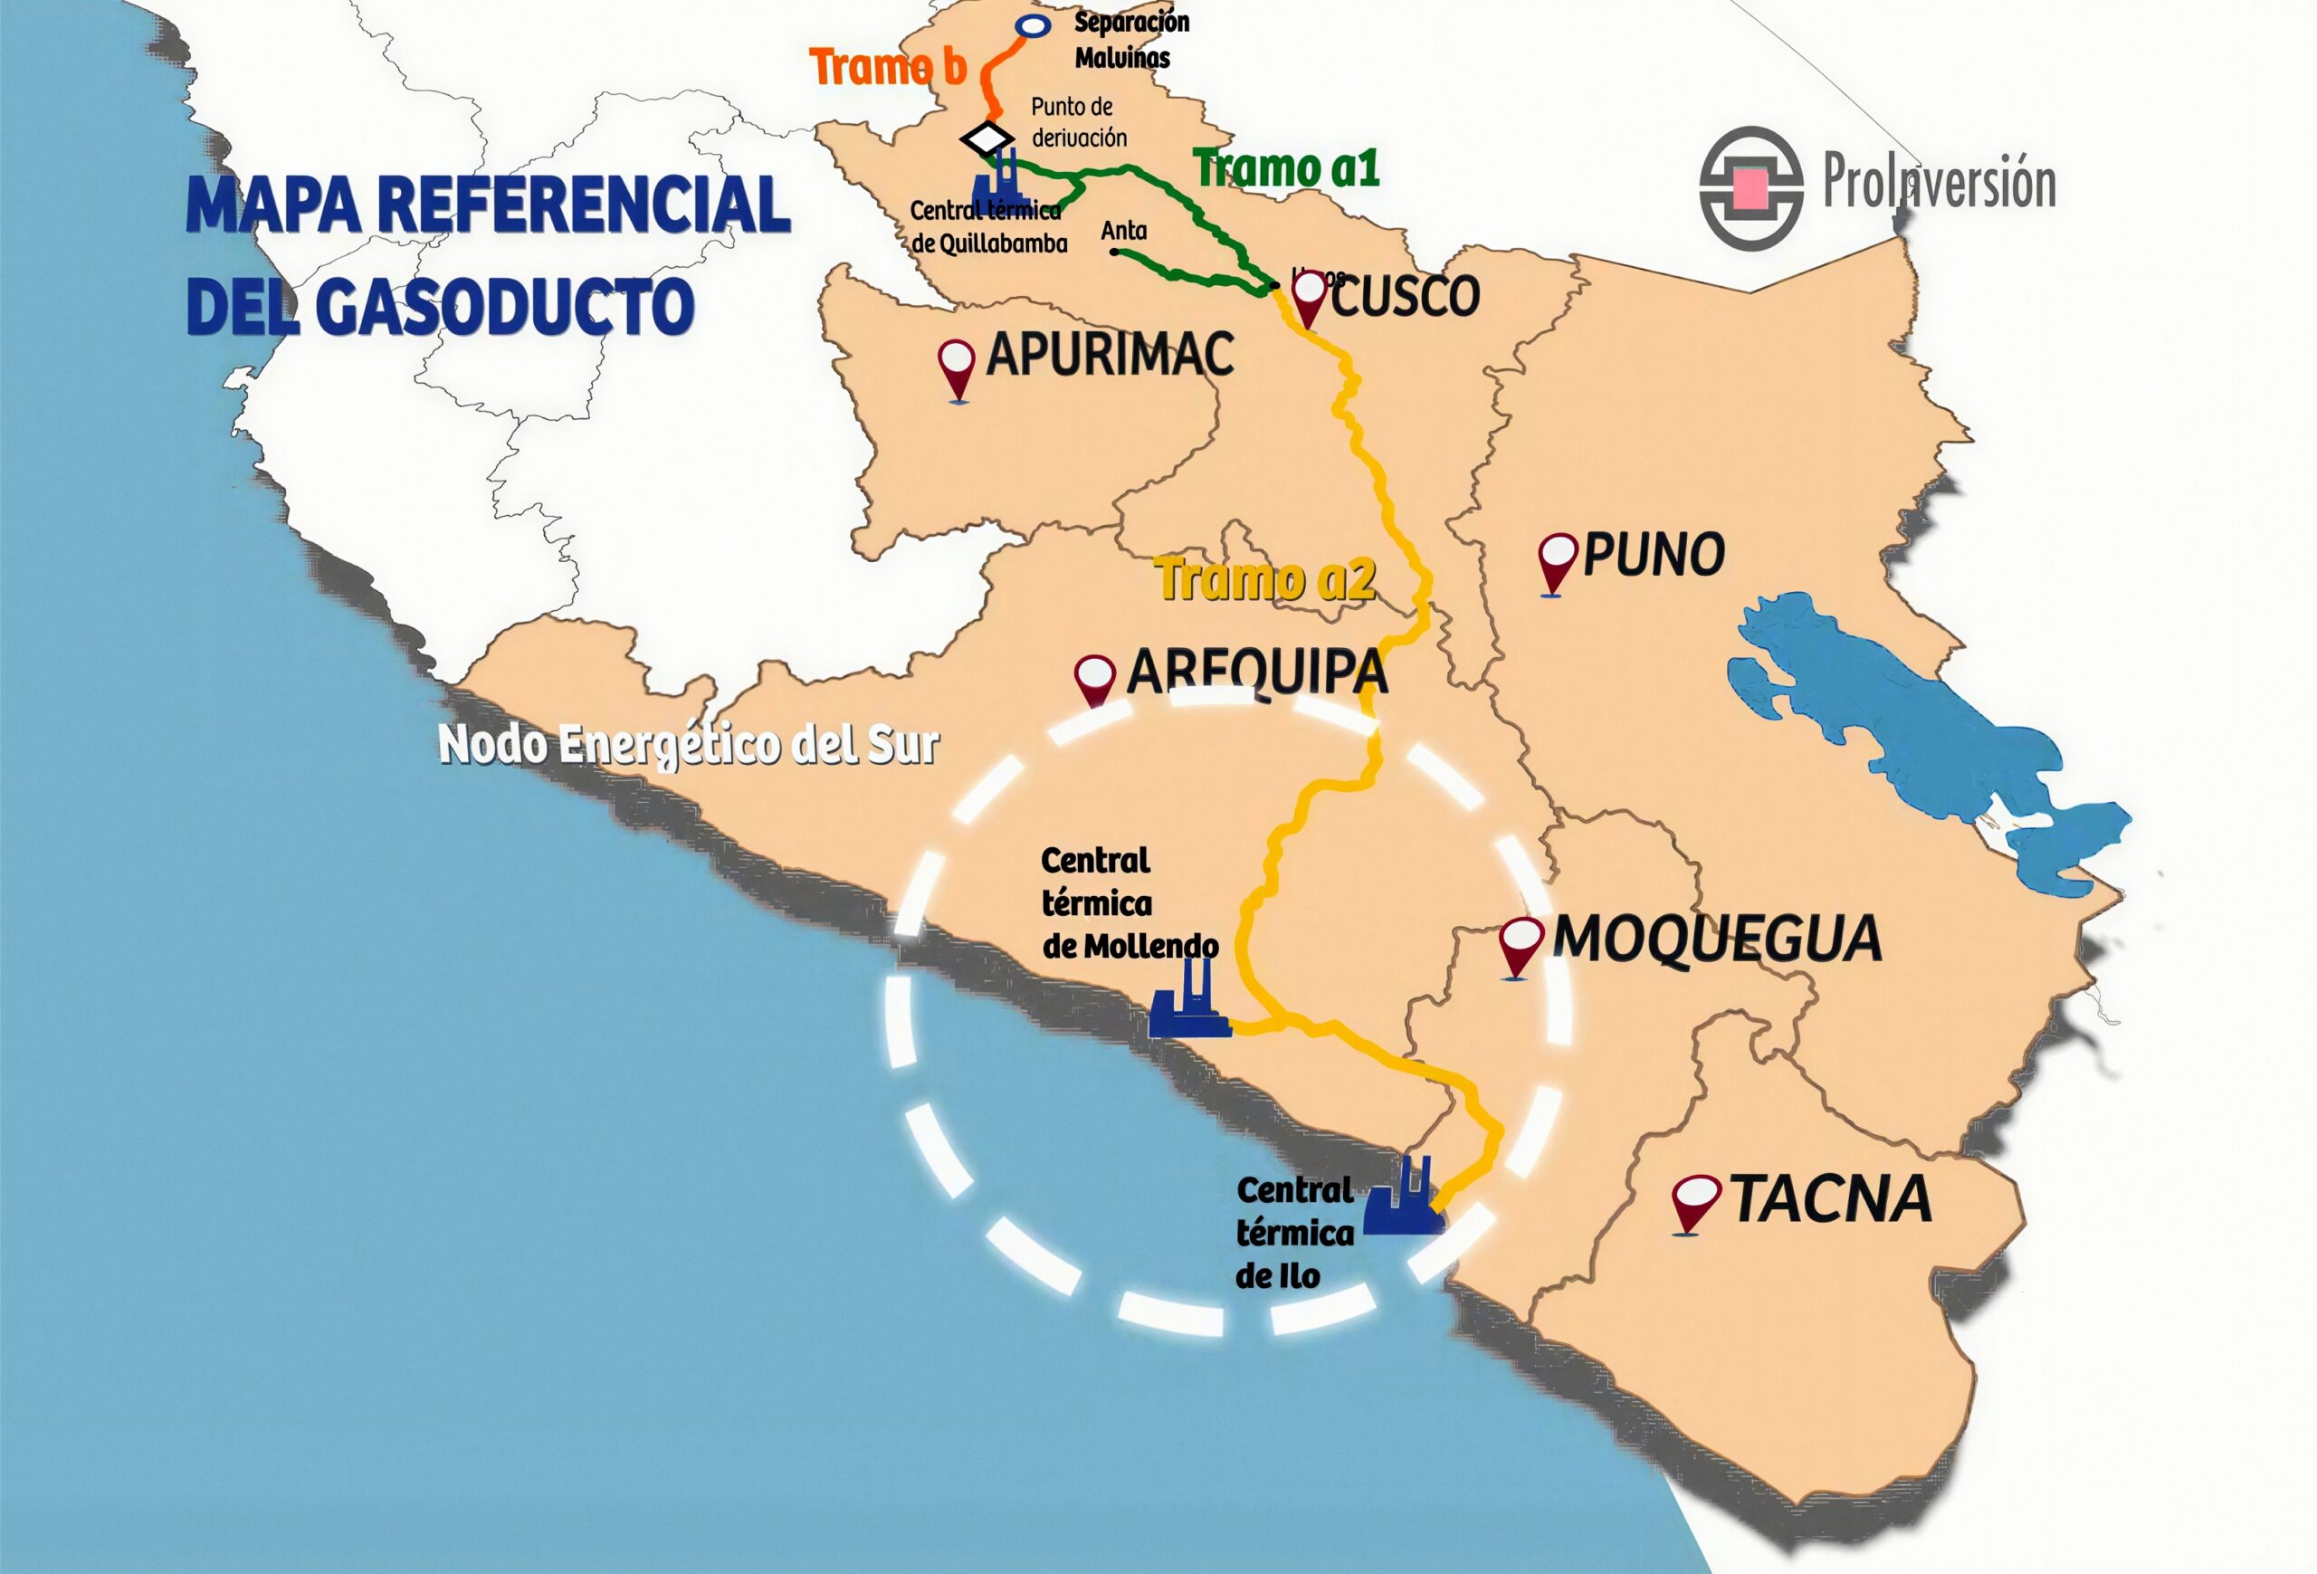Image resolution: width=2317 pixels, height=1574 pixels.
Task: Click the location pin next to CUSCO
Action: [1308, 297]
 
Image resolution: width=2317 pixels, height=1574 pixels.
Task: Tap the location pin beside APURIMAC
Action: [957, 367]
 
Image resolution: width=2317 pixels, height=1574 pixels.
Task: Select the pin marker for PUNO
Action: [1558, 561]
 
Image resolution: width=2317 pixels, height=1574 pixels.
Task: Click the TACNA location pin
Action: [1695, 1201]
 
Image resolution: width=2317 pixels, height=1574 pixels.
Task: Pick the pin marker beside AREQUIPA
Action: [1095, 679]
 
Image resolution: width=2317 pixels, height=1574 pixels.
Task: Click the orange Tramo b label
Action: [887, 68]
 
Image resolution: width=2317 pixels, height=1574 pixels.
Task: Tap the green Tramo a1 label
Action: [1287, 167]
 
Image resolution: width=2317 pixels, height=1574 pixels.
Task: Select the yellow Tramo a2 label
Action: [1265, 579]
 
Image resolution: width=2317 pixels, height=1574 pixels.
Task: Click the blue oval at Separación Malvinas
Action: [1033, 27]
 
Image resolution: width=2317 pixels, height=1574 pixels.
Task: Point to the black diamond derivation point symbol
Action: [987, 138]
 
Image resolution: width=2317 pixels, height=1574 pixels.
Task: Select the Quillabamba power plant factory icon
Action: [1001, 183]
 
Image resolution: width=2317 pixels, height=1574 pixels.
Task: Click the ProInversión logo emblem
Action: [1750, 187]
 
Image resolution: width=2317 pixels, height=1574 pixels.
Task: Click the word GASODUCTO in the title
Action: [507, 305]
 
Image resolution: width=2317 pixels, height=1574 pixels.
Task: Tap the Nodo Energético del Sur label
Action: [688, 744]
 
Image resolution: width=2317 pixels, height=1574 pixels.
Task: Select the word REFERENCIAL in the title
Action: [583, 205]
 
